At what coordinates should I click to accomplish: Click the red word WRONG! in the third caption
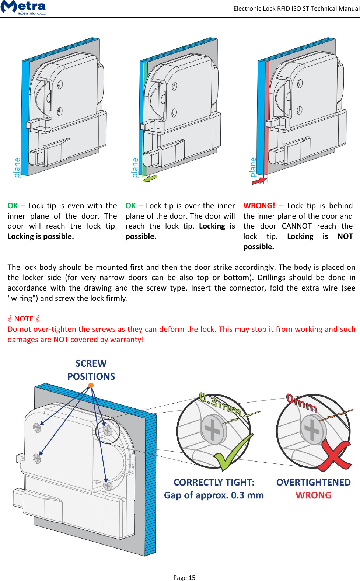259,206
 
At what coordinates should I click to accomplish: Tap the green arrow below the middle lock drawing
150,178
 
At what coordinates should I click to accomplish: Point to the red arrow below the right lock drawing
259,180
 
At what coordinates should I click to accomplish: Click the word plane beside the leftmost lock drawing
17,167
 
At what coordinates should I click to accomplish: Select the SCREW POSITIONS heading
91,370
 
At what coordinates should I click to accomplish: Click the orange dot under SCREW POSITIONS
91,385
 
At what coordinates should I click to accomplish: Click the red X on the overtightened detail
334,455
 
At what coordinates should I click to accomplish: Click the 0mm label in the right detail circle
301,403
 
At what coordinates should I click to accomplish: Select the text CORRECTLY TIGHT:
214,482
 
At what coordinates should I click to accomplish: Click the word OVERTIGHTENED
313,482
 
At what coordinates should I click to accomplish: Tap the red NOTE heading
24,319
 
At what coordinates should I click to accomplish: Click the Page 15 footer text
184,577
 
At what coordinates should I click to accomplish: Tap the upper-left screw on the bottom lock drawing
37,427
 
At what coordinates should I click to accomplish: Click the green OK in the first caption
13,206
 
